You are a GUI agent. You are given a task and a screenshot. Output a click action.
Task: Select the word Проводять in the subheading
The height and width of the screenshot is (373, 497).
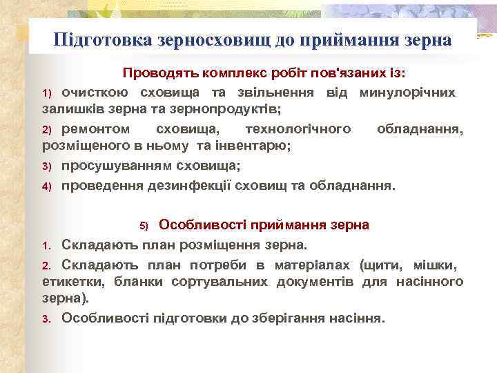tap(155, 73)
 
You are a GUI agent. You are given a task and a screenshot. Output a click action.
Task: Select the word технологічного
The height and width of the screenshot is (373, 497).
tap(299, 129)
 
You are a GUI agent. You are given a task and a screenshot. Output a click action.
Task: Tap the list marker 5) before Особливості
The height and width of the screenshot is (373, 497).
tap(144, 226)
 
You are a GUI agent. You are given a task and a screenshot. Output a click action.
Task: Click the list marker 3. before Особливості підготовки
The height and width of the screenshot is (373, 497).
tap(47, 319)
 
